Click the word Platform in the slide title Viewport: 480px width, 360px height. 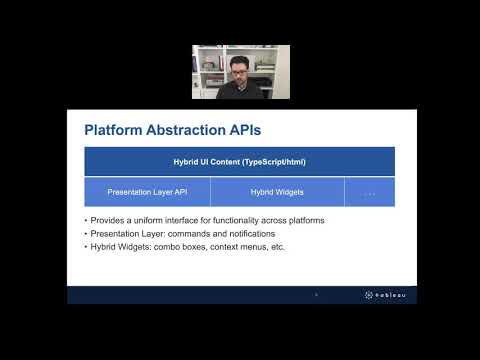point(113,130)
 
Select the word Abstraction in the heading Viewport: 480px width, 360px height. point(186,130)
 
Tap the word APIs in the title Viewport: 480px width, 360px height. point(245,130)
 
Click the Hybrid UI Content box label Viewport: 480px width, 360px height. point(239,162)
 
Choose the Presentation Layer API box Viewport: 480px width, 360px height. point(147,192)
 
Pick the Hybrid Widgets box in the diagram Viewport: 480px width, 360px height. point(277,192)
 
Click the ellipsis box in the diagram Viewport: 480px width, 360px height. point(370,192)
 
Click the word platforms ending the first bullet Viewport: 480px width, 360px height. point(306,221)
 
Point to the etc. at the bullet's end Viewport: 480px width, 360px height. point(278,247)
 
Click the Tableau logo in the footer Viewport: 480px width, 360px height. point(385,295)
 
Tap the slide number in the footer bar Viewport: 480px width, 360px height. point(316,294)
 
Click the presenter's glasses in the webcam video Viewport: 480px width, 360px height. point(239,72)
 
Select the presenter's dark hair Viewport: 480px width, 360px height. point(239,62)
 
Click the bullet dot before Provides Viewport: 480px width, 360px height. point(86,221)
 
